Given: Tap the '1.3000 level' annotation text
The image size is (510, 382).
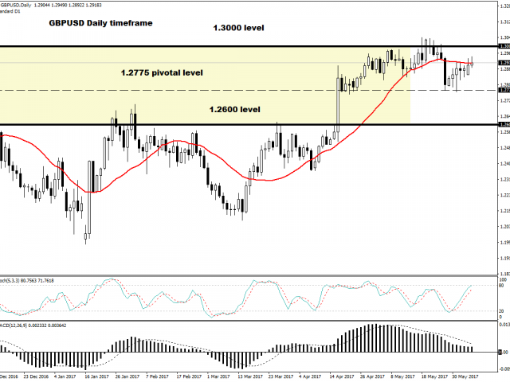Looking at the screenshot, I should tap(237, 28).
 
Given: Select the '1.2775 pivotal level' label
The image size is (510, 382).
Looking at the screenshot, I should tap(163, 72).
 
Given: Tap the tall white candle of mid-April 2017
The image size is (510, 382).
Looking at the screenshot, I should tap(337, 103).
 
